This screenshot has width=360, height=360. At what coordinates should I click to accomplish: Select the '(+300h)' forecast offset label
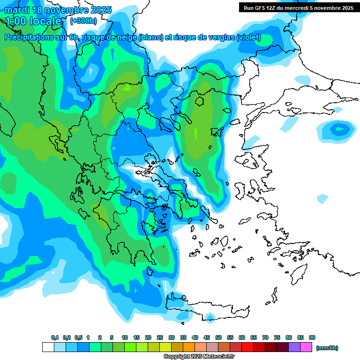click(83, 21)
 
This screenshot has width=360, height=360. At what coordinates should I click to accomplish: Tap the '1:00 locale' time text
click(33, 21)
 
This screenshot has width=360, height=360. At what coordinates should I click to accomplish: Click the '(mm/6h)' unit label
click(327, 348)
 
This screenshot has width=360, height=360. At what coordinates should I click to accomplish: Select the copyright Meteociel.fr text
click(199, 357)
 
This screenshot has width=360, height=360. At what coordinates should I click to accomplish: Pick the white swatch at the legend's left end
click(48, 347)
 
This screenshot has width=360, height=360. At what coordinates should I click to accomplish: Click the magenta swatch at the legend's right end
click(306, 347)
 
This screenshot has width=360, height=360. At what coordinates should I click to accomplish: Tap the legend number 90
click(312, 338)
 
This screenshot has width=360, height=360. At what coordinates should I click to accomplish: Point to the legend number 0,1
click(55, 338)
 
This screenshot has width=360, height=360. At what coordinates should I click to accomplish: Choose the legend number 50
click(218, 338)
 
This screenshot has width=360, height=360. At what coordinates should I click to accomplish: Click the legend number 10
click(125, 338)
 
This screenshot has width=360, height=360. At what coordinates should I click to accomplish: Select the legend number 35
click(183, 338)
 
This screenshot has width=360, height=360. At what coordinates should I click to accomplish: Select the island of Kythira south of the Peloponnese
click(150, 272)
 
